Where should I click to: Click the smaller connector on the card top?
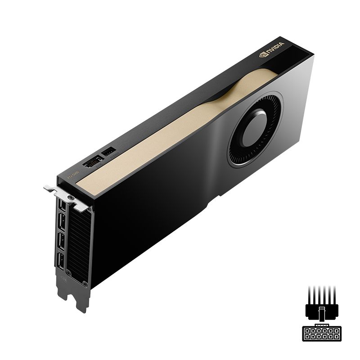(109, 152)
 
